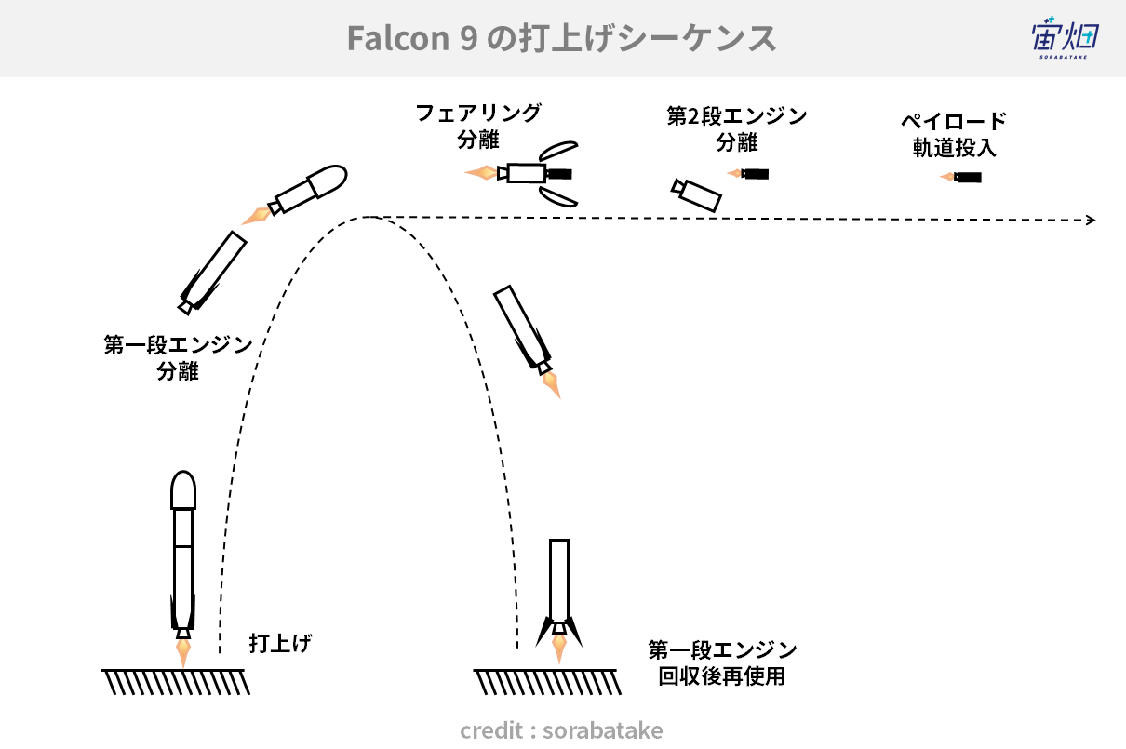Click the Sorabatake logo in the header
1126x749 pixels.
[x=1066, y=38]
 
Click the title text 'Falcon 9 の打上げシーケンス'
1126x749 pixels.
[x=561, y=38]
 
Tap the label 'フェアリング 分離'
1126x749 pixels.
[x=478, y=127]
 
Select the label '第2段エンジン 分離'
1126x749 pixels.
[x=737, y=129]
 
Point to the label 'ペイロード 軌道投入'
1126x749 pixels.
[x=954, y=135]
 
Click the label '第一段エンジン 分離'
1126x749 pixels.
[x=178, y=358]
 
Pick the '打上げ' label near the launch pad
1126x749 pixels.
[x=280, y=643]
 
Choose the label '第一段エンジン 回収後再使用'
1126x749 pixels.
[x=722, y=663]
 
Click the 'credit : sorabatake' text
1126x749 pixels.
[x=561, y=729]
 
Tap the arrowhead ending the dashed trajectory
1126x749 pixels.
[x=1091, y=220]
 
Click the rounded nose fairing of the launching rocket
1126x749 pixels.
[x=183, y=490]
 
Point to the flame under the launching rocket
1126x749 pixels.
[x=183, y=653]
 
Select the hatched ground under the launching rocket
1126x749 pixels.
[x=176, y=682]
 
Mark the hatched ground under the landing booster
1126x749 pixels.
[x=547, y=682]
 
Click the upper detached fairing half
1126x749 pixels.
[x=558, y=151]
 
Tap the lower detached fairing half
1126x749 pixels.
[x=558, y=196]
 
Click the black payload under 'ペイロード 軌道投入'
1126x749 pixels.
[x=968, y=178]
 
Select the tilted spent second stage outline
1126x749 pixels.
[x=697, y=195]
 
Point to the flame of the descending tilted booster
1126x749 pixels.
[x=552, y=385]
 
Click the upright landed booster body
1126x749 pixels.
[x=559, y=580]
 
